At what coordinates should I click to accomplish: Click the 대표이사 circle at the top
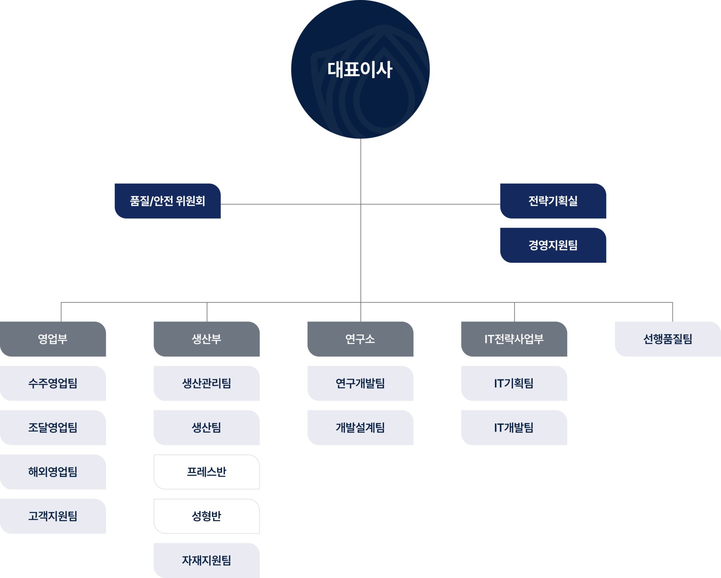click(x=360, y=69)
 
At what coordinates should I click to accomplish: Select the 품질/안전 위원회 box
click(x=168, y=201)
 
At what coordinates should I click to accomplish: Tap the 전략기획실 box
click(x=553, y=201)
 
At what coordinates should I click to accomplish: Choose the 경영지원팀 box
click(x=553, y=245)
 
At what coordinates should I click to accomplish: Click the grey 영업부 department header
click(x=53, y=339)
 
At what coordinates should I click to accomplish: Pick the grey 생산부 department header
click(x=207, y=339)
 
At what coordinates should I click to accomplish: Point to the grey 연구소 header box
click(x=360, y=339)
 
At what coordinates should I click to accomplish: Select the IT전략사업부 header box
click(x=514, y=339)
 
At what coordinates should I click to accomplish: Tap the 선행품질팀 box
click(x=667, y=339)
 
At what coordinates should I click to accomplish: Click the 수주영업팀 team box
click(x=53, y=383)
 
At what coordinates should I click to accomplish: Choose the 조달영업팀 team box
click(x=53, y=428)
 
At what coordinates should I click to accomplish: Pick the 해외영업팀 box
click(x=53, y=472)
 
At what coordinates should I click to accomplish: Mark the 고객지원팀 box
click(x=53, y=516)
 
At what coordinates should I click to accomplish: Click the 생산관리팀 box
click(x=207, y=383)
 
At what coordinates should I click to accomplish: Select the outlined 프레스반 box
click(x=207, y=472)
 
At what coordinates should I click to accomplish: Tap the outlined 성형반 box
click(x=207, y=516)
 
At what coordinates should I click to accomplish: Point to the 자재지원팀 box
click(x=207, y=560)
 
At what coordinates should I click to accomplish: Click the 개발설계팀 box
click(x=360, y=428)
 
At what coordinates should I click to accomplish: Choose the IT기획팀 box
click(x=514, y=383)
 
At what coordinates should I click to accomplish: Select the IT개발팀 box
click(x=514, y=428)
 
